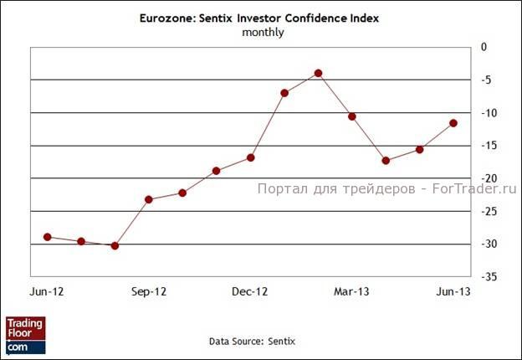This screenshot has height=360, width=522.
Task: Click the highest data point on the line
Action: (x=318, y=74)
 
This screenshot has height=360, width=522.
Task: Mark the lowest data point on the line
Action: (x=115, y=245)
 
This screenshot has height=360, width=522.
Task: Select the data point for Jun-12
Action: (x=48, y=237)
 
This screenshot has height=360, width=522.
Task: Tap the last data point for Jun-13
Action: (x=453, y=123)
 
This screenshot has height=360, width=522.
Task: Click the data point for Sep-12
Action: (x=149, y=199)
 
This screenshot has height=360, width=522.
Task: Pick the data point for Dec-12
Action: (x=250, y=157)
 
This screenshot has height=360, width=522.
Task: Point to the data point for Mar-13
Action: (x=351, y=116)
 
